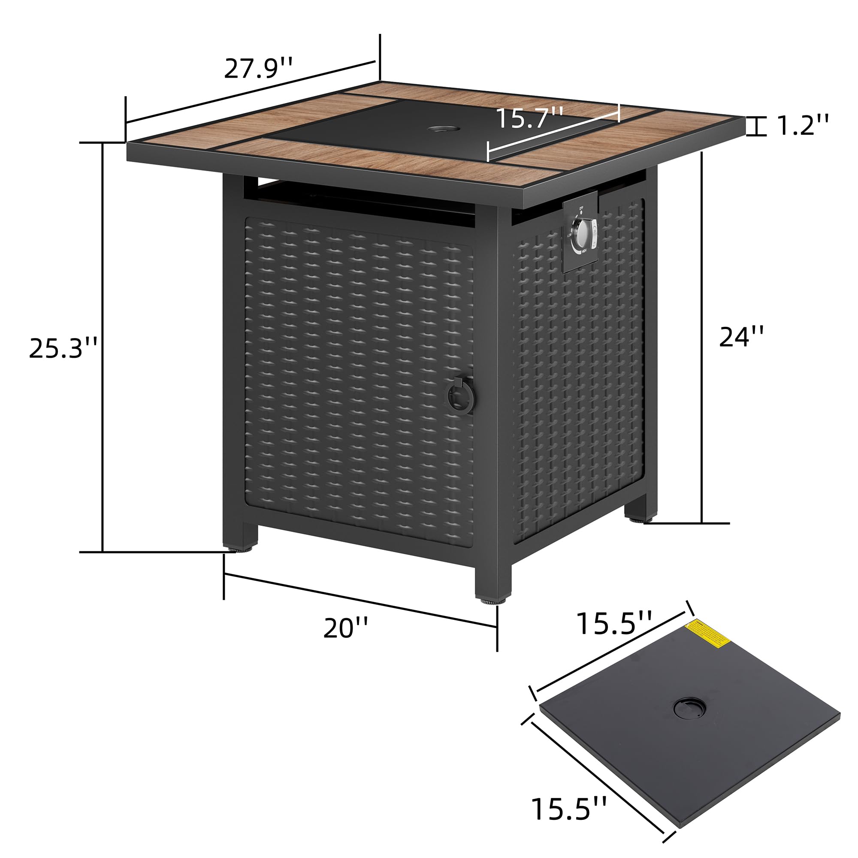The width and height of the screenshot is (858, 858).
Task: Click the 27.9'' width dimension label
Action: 258,67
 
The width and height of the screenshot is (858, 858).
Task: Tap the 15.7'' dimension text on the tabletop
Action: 529,118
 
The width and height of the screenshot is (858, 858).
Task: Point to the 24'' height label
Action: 742,336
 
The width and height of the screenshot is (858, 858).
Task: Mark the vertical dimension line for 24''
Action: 702,338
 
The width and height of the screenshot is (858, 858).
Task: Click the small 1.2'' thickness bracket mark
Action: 757,126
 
